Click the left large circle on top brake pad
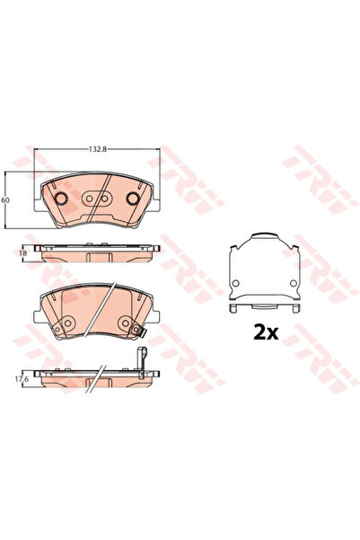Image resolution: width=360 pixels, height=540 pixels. point(62,199)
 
